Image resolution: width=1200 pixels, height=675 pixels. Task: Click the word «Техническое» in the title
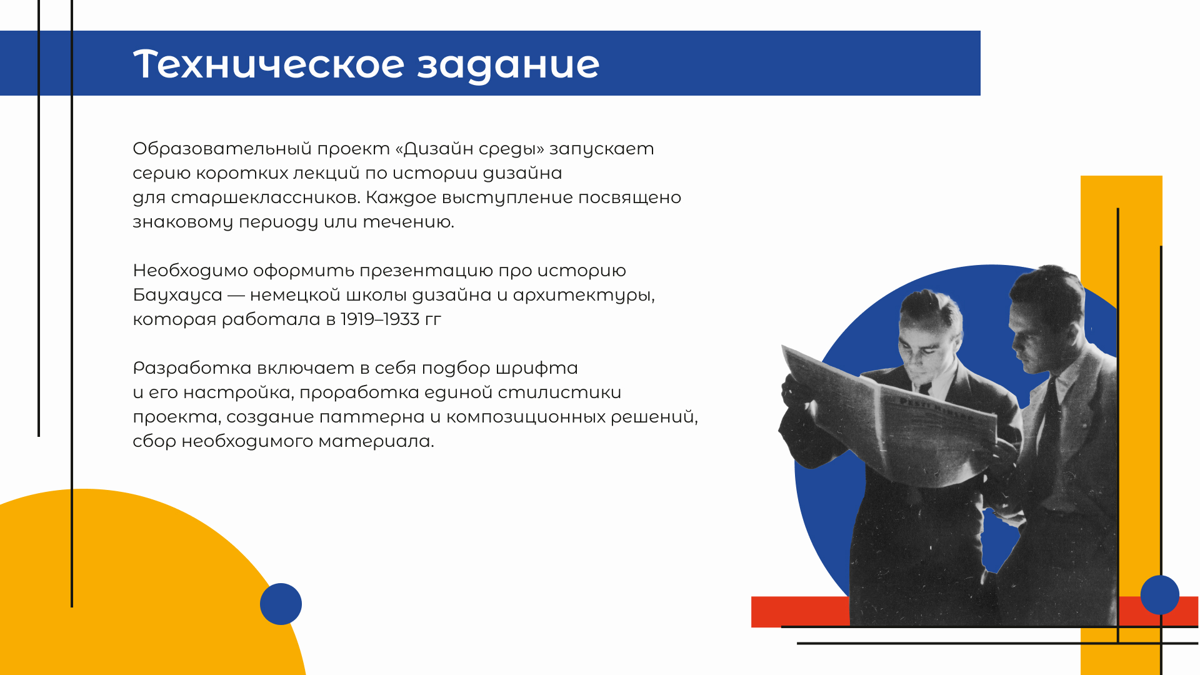(269, 64)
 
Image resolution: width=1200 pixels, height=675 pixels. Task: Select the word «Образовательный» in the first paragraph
(222, 149)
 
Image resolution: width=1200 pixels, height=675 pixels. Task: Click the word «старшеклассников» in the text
(266, 197)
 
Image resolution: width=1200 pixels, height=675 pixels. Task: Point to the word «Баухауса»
(177, 295)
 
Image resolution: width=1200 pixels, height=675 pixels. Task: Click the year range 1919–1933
(380, 319)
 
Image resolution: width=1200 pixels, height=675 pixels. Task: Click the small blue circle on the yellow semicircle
(281, 604)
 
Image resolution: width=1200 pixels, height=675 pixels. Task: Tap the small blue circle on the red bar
(1160, 594)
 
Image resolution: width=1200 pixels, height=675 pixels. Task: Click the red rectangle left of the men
(801, 612)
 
